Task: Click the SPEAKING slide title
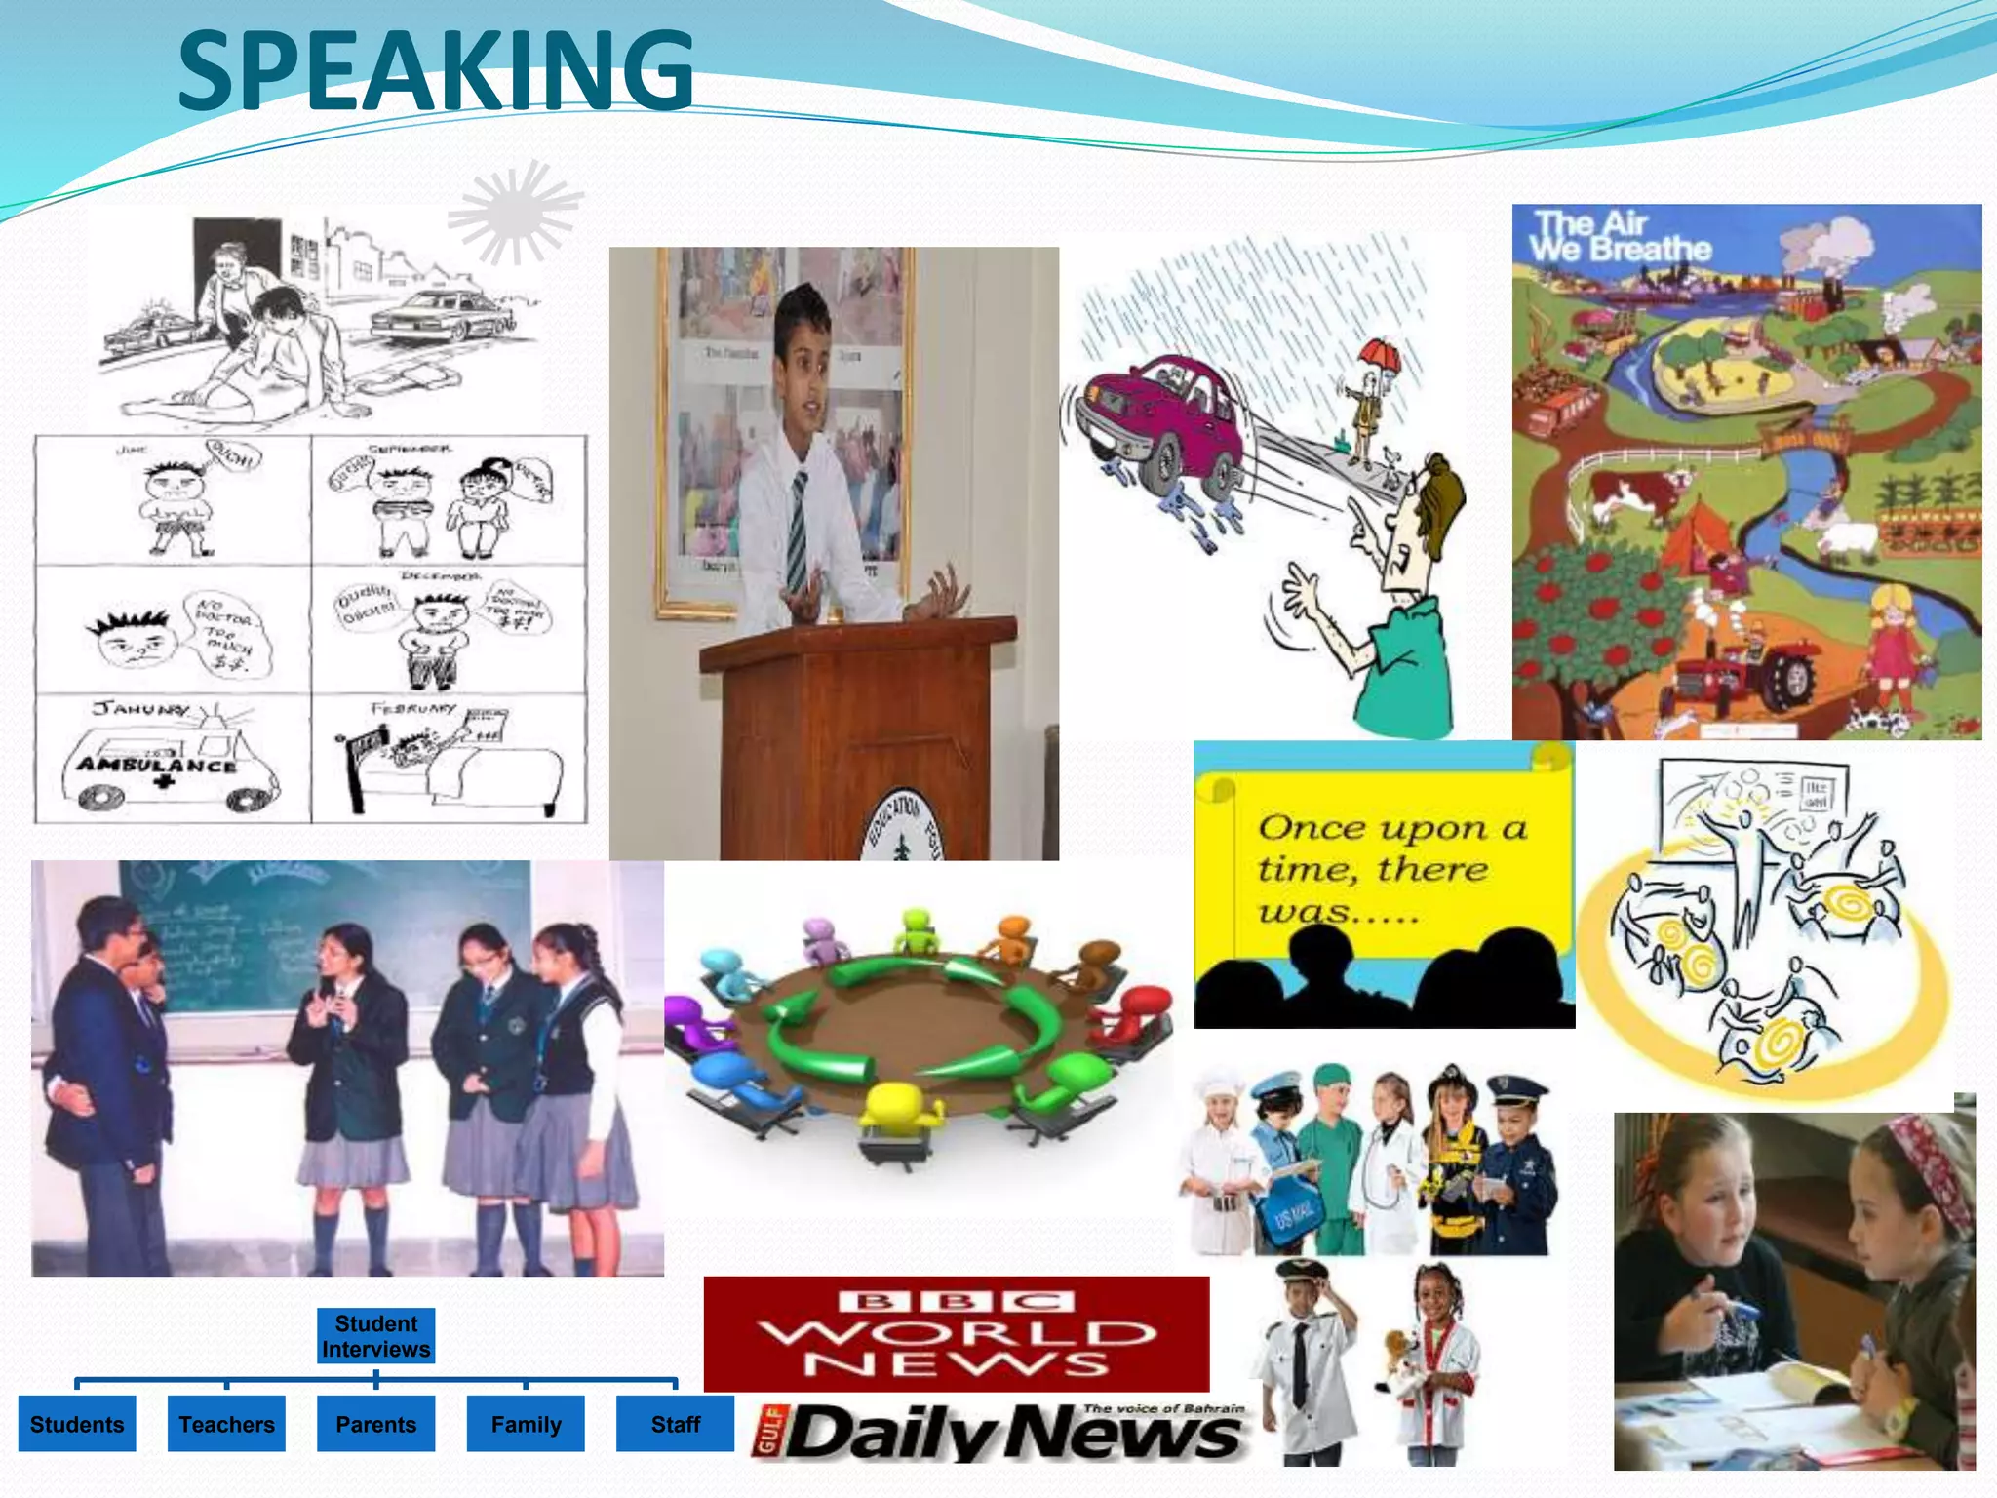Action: (436, 70)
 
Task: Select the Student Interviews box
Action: (375, 1336)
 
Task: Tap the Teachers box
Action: (226, 1424)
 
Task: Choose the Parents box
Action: (375, 1424)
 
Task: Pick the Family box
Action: (526, 1424)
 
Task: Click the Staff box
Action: (675, 1424)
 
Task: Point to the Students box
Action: (77, 1424)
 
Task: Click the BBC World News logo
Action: (956, 1333)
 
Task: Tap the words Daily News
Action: (1014, 1434)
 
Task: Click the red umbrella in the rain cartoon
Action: (1381, 356)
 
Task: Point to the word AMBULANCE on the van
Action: (156, 765)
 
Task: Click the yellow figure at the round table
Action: (895, 1112)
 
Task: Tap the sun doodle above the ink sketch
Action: (514, 213)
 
